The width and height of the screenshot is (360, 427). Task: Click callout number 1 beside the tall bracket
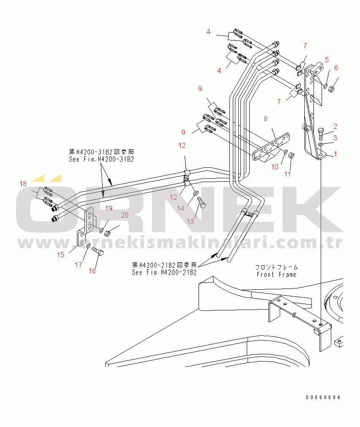(x=335, y=154)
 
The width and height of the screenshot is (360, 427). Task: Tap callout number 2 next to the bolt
(x=335, y=126)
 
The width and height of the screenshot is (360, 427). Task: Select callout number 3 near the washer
(x=335, y=138)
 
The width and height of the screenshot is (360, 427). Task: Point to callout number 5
(x=327, y=60)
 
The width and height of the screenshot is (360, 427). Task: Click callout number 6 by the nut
(x=336, y=68)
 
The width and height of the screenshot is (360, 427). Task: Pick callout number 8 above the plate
(x=265, y=119)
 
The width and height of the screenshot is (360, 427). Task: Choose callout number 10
(x=275, y=167)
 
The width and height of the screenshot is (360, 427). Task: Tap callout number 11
(x=288, y=174)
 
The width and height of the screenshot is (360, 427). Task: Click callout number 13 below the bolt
(x=191, y=221)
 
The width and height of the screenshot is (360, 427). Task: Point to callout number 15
(x=60, y=254)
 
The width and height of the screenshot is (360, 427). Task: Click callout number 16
(x=92, y=271)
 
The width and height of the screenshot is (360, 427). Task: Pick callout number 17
(x=79, y=265)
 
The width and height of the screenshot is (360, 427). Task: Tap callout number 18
(x=23, y=184)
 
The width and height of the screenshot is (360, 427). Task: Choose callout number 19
(x=109, y=208)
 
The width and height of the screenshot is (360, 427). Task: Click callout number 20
(x=124, y=215)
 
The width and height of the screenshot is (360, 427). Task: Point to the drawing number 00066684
(x=323, y=397)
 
